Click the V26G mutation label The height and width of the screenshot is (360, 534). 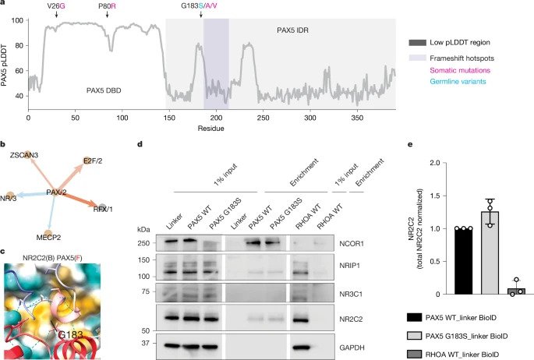(x=57, y=5)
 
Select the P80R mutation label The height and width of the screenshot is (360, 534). (x=108, y=5)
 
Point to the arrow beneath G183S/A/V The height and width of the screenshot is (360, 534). (x=201, y=14)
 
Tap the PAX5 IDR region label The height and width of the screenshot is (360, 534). (x=292, y=30)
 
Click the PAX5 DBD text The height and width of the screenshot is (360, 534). (x=104, y=90)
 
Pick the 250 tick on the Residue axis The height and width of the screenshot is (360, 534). (x=263, y=118)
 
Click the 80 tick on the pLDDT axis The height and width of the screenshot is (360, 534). (x=19, y=46)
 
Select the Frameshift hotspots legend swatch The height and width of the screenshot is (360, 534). (x=418, y=58)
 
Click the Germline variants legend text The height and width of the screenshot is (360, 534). (x=458, y=81)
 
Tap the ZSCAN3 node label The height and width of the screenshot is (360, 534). (x=24, y=155)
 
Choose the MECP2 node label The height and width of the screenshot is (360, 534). (x=48, y=237)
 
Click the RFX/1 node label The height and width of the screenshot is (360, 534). (x=103, y=209)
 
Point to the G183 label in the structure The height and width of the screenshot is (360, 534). (x=70, y=334)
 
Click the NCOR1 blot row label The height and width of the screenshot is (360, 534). (x=352, y=244)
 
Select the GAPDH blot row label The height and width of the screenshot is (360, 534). (x=352, y=348)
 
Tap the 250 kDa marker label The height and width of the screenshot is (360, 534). (x=143, y=243)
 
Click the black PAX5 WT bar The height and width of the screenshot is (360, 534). (x=464, y=261)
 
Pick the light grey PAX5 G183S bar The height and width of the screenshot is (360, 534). (x=490, y=252)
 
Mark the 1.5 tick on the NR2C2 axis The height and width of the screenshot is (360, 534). (x=436, y=196)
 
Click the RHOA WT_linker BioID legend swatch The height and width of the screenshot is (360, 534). (x=415, y=355)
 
